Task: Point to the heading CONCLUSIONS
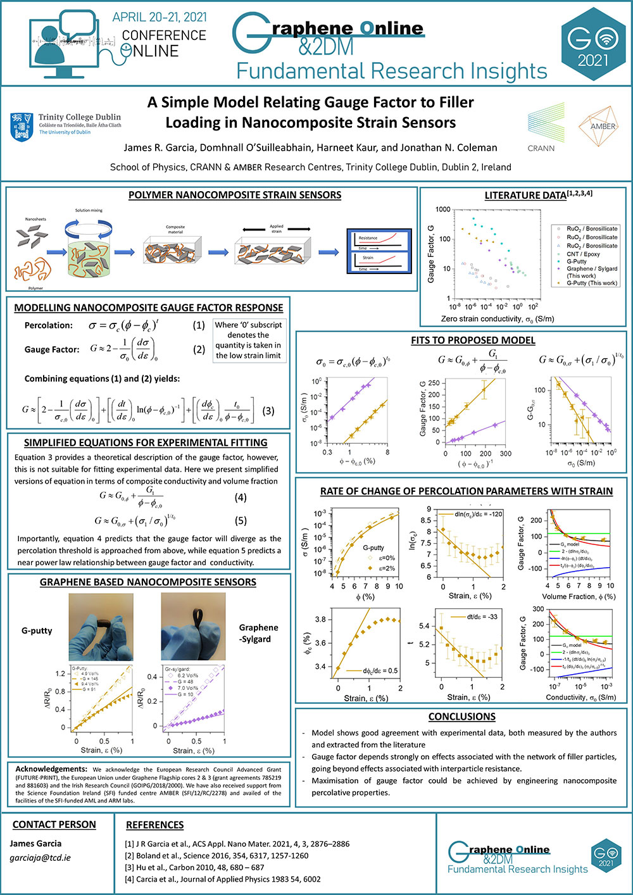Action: pos(461,717)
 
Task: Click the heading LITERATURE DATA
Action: pos(525,196)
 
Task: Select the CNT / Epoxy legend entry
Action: pos(582,254)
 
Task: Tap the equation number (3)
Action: pos(268,411)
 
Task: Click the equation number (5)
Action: pos(241,521)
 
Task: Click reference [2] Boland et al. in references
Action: pos(216,855)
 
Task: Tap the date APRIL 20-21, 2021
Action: pos(159,18)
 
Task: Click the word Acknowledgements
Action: pos(51,769)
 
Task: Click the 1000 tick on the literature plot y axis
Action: pos(442,210)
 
